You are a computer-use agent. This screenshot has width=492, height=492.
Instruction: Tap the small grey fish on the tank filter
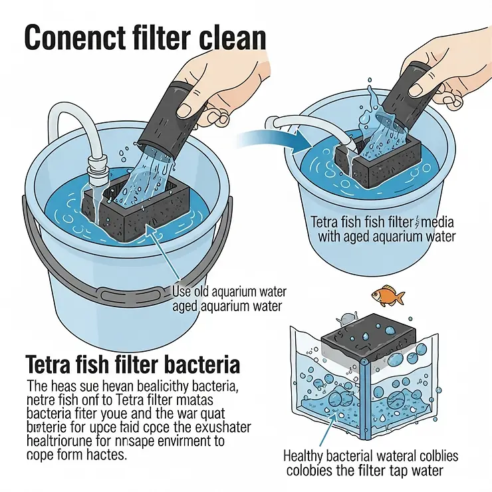tap(345, 318)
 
